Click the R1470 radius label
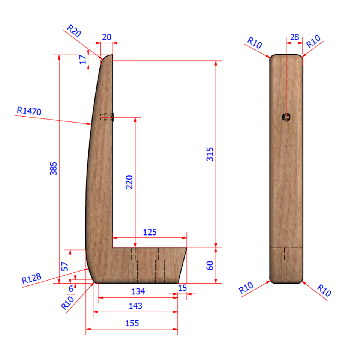click(x=29, y=111)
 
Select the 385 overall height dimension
click(x=54, y=168)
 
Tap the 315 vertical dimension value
click(x=210, y=154)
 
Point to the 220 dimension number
click(x=129, y=182)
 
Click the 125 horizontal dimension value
click(x=150, y=232)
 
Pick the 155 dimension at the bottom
click(x=132, y=323)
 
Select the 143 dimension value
click(x=135, y=306)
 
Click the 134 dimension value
click(x=138, y=291)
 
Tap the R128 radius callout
click(x=31, y=278)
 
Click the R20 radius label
click(x=74, y=31)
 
